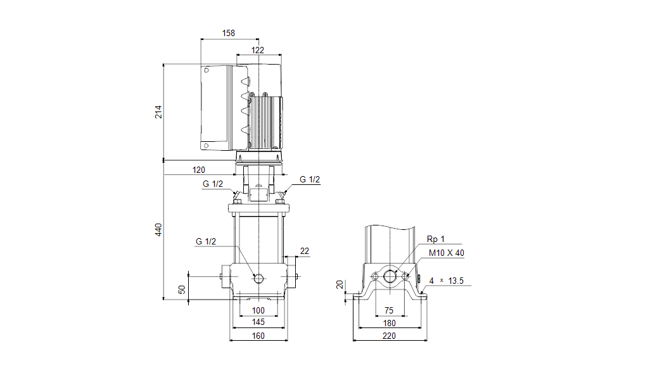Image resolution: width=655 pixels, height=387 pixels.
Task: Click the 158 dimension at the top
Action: pyautogui.click(x=229, y=32)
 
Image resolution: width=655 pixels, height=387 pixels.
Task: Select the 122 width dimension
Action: pyautogui.click(x=257, y=49)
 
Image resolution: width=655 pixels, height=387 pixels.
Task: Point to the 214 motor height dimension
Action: pyautogui.click(x=158, y=111)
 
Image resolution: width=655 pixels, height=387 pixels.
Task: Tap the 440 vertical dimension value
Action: pyautogui.click(x=158, y=230)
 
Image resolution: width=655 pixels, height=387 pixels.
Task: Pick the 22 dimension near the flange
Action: pyautogui.click(x=305, y=251)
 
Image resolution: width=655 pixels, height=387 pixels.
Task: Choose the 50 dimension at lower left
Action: pyautogui.click(x=182, y=289)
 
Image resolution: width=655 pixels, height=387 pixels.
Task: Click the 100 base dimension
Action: pyautogui.click(x=258, y=310)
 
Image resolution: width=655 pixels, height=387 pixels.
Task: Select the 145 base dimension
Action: pyautogui.click(x=258, y=322)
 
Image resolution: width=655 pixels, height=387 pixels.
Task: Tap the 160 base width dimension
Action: pyautogui.click(x=258, y=336)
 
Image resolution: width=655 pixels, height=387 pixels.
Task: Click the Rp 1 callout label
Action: pyautogui.click(x=436, y=239)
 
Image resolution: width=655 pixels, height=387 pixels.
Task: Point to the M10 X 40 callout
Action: pyautogui.click(x=447, y=253)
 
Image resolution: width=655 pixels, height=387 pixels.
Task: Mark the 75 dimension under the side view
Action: pyautogui.click(x=389, y=310)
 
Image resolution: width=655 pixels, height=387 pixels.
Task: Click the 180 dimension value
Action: pyautogui.click(x=389, y=323)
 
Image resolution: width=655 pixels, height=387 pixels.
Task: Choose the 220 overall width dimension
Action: pyautogui.click(x=389, y=336)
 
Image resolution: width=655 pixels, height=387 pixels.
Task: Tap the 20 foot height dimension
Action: pyautogui.click(x=340, y=284)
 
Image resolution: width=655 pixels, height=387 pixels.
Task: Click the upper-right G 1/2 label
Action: pyautogui.click(x=310, y=179)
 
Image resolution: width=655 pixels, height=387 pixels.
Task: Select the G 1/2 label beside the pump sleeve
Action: pyautogui.click(x=206, y=241)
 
